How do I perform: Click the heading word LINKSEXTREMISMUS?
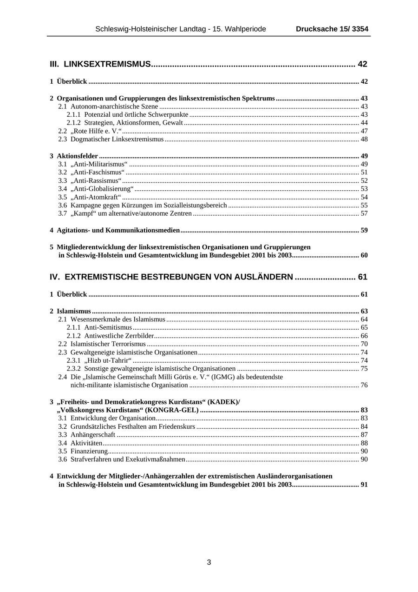pos(107,64)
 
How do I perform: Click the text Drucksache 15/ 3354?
pos(332,29)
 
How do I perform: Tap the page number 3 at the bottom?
pos(209,562)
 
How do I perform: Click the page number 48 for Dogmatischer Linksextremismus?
pos(364,139)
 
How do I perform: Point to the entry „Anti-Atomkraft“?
pos(96,197)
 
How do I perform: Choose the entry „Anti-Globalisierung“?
pos(102,189)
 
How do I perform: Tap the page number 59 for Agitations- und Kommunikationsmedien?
pos(364,230)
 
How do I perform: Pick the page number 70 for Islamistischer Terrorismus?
pos(364,344)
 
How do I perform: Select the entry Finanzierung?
pos(89,451)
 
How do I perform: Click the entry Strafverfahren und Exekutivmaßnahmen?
pos(128,459)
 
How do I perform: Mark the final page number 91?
pos(364,485)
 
